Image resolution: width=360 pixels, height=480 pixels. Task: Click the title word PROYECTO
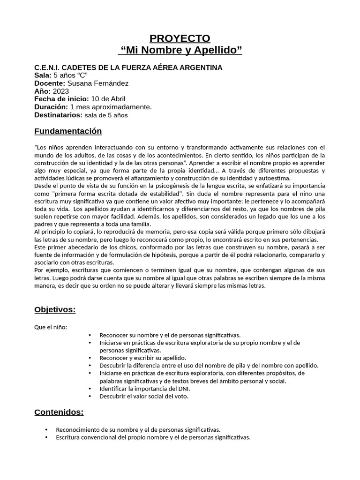180,38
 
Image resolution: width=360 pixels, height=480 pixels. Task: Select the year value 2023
61,91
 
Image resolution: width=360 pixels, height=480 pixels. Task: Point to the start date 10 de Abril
108,99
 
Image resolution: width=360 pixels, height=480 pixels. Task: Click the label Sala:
43,75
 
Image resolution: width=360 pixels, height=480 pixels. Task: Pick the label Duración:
51,107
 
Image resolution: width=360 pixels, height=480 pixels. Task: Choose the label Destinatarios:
58,115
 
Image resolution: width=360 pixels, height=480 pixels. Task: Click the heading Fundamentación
68,131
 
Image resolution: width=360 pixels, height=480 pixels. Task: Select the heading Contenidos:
59,412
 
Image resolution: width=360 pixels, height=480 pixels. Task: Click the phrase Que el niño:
51,327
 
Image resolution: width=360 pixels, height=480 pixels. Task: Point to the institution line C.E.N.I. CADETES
128,67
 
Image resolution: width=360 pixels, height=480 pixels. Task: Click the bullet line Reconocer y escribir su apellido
142,358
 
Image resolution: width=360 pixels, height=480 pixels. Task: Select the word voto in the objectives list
181,396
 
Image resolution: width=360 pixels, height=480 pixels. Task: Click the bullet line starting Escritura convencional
153,437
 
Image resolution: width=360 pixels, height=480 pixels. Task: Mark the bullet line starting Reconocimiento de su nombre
138,429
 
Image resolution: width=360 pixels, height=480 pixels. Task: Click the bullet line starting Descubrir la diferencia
209,365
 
